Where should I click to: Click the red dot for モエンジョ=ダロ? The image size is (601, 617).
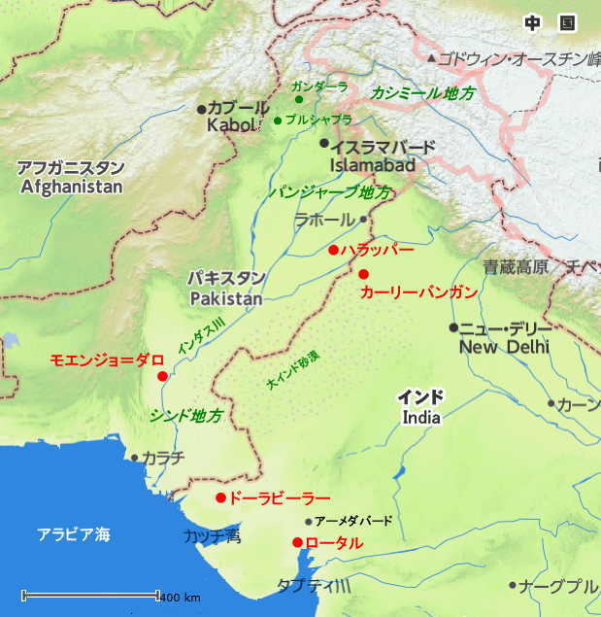click(162, 376)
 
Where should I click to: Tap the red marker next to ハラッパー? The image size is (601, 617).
click(333, 250)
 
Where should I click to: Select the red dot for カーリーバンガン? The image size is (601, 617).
click(363, 274)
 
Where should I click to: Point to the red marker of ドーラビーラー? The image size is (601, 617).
click(220, 497)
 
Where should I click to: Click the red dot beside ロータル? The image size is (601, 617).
click(297, 542)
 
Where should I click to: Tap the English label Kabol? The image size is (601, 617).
click(231, 125)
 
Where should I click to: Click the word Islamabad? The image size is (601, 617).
click(373, 165)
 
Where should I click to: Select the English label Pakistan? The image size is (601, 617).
click(225, 298)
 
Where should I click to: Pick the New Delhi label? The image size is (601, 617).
click(504, 346)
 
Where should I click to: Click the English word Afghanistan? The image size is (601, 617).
click(72, 187)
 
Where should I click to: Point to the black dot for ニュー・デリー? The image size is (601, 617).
click(453, 327)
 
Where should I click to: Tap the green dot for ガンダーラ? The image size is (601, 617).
click(298, 99)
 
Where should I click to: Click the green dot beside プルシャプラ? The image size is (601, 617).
click(278, 120)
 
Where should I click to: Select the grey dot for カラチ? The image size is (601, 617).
click(134, 457)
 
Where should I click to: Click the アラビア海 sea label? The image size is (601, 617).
click(74, 533)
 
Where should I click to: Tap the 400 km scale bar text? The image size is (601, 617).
click(181, 596)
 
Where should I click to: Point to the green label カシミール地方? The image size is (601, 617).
click(423, 93)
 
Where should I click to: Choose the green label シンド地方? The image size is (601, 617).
click(186, 415)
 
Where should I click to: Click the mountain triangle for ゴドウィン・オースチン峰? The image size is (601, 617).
click(432, 59)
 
